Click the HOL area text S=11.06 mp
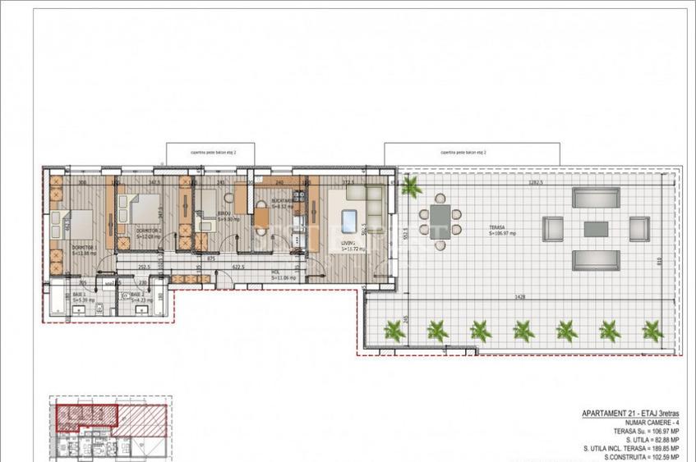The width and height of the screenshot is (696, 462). [284, 278]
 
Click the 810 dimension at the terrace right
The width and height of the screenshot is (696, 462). [660, 261]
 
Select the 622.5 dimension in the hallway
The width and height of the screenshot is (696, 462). [240, 268]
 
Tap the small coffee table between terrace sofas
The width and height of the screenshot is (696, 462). [596, 228]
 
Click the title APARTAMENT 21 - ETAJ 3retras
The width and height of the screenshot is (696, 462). [622, 414]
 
